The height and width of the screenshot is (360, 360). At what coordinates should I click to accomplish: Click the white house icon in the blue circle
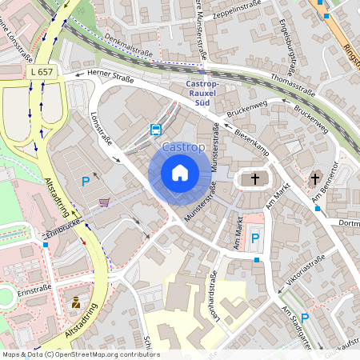(x=180, y=172)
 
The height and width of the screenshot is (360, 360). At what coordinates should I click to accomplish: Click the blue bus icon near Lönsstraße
(x=155, y=129)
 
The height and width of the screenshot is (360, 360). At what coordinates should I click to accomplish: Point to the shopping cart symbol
(x=105, y=202)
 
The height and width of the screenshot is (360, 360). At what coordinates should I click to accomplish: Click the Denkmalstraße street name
(x=128, y=51)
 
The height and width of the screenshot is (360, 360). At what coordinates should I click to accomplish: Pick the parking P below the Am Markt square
(x=255, y=238)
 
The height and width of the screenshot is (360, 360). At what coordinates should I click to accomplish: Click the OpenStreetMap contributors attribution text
(x=81, y=354)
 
